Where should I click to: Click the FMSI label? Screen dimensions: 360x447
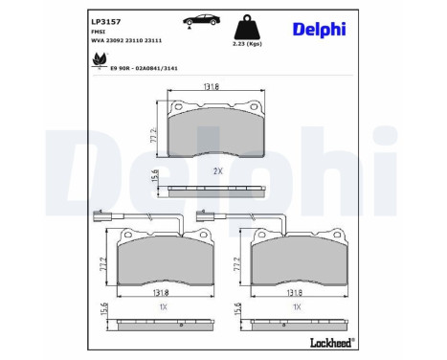tap(98, 32)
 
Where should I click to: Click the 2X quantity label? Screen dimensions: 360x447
tap(216, 170)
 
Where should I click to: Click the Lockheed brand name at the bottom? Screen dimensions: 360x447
tap(328, 342)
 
